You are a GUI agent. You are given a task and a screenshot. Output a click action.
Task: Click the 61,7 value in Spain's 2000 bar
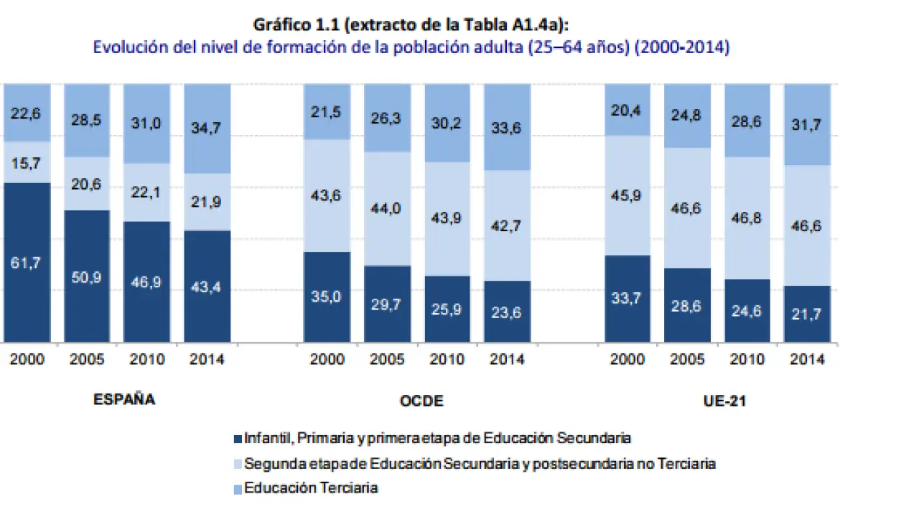(26, 264)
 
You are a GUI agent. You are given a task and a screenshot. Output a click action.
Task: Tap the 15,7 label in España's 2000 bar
(26, 163)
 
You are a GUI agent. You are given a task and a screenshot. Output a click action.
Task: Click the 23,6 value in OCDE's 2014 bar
(507, 312)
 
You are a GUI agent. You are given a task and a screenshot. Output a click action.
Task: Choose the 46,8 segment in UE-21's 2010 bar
(747, 218)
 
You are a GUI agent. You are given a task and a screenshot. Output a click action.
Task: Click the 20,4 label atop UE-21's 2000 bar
(628, 110)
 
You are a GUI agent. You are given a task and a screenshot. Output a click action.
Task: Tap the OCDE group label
(421, 401)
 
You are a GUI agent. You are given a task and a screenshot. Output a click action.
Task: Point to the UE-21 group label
(724, 401)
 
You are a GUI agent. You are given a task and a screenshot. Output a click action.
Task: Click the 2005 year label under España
(87, 359)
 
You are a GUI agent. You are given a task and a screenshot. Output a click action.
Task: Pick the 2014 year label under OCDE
(507, 359)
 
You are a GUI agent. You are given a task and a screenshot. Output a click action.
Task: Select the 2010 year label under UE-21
(747, 359)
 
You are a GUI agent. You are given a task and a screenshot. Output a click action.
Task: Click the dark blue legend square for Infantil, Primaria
(238, 438)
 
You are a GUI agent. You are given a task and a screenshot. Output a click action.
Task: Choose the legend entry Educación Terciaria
(311, 488)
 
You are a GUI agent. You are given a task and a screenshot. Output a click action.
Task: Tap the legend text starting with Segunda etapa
(480, 464)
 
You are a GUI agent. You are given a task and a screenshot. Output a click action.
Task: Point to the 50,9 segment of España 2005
(87, 276)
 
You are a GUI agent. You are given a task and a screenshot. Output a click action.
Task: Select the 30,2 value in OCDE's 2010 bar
(447, 123)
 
